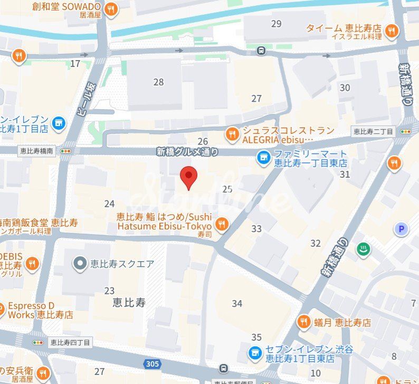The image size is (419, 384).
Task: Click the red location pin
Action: [188, 177]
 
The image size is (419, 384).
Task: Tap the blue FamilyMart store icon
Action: [262, 157]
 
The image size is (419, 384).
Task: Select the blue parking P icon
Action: [402, 229]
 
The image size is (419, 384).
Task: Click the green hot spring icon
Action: [363, 248]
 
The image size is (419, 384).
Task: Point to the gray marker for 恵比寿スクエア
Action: [80, 263]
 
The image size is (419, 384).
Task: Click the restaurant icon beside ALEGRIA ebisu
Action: [232, 136]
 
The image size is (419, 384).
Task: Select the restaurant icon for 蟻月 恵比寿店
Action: [303, 322]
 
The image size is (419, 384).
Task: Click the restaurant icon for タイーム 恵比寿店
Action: [391, 31]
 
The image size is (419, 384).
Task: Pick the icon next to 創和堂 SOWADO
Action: [111, 9]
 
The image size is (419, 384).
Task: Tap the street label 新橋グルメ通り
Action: [187, 151]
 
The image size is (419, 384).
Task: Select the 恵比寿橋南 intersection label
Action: [35, 151]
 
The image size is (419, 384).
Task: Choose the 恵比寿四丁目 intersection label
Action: [70, 342]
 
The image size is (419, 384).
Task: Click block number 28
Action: [158, 82]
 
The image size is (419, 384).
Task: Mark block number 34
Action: [237, 303]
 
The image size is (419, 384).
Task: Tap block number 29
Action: [276, 23]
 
